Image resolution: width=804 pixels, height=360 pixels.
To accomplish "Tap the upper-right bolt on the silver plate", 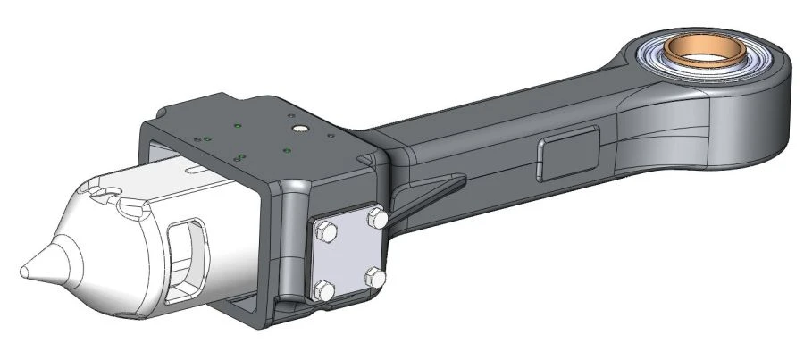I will [379, 216].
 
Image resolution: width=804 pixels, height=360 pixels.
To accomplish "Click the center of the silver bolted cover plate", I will [350, 255].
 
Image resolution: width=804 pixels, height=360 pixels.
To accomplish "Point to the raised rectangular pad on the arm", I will [568, 146].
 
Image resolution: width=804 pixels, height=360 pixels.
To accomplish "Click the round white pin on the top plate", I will [300, 129].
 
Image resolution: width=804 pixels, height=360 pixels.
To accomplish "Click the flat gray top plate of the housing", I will [268, 130].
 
